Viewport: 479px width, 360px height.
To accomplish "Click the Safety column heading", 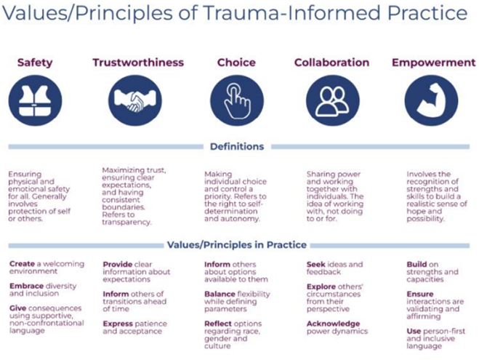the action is (35, 63).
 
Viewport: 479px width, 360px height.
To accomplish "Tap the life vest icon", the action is (35, 100).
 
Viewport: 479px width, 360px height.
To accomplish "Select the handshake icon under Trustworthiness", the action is (135, 100).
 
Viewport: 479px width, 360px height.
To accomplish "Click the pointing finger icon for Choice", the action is (237, 100).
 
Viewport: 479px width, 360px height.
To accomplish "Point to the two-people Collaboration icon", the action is (333, 100).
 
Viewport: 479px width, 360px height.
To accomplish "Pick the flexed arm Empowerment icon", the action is (431, 100).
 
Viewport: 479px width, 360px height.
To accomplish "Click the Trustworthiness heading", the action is (138, 63).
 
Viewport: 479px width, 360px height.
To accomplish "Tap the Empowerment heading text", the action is (434, 63).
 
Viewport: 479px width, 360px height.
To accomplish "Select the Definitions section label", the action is (237, 147).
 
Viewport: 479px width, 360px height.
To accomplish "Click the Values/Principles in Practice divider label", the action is (237, 245).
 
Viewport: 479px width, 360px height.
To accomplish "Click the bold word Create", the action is (22, 264).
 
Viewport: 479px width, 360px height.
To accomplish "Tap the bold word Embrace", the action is (27, 286).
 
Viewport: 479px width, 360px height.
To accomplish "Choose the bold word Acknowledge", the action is (334, 324).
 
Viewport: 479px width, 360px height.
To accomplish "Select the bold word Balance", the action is (220, 294).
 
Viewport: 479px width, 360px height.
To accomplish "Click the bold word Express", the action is (118, 324).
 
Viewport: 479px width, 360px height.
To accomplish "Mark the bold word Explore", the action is (321, 287).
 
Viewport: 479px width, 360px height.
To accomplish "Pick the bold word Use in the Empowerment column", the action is (414, 332).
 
